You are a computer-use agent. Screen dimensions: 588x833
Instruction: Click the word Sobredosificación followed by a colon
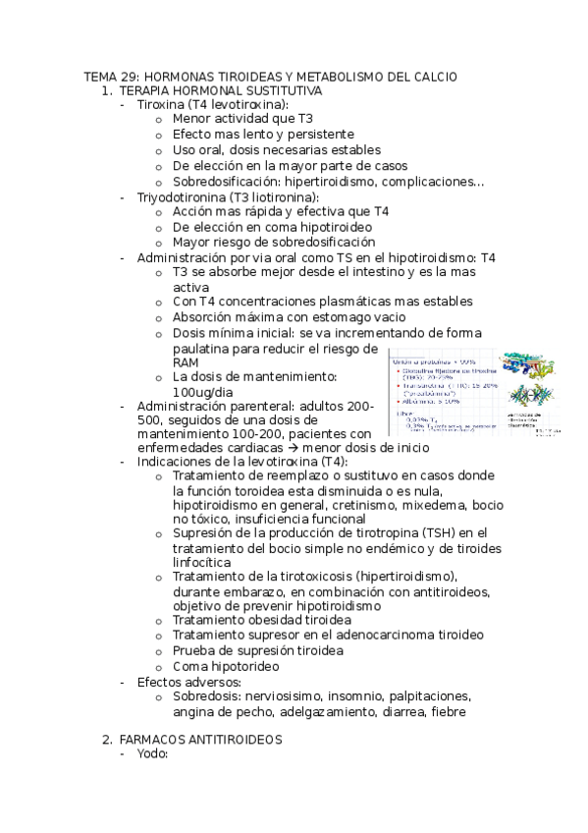point(225,182)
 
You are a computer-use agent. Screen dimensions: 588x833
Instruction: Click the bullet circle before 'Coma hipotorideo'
point(159,665)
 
